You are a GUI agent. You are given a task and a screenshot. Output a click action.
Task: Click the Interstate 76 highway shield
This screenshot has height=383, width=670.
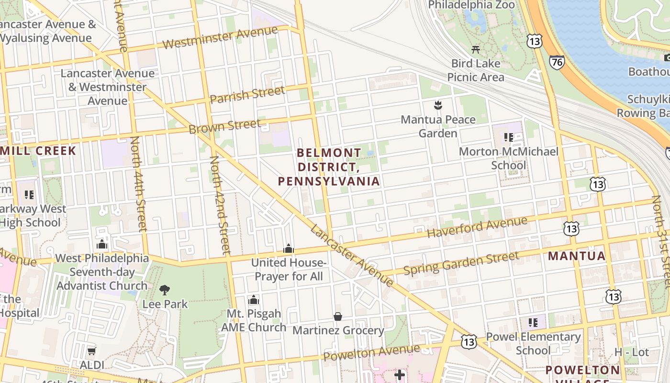[557, 62]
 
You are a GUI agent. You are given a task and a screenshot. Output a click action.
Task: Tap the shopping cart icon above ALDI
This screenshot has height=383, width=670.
[91, 351]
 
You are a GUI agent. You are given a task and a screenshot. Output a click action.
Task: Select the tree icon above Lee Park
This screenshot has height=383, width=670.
[165, 290]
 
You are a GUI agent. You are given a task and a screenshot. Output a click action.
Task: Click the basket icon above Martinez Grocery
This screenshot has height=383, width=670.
[338, 316]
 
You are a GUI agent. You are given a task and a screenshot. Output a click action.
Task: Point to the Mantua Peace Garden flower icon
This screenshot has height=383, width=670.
[437, 105]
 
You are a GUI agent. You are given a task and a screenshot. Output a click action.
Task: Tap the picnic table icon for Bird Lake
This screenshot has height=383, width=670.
[476, 49]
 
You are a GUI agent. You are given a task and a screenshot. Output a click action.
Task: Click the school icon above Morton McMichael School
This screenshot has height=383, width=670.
[508, 137]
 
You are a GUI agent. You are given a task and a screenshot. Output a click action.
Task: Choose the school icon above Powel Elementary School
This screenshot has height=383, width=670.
[533, 322]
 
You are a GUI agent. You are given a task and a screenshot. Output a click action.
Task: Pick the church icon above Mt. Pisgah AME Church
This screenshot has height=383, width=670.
[253, 300]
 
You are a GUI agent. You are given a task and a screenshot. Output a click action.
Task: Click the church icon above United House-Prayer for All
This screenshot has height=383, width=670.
[288, 248]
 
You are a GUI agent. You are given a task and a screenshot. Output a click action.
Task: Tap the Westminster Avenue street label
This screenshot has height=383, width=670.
[220, 38]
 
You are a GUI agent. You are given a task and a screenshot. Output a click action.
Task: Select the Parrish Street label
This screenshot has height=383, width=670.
[247, 94]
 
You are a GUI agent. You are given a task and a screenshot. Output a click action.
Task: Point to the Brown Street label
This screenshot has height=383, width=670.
[224, 126]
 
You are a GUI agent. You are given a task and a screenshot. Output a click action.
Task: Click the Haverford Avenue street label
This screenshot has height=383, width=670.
[477, 227]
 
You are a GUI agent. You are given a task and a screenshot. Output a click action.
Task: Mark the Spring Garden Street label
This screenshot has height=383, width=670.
[461, 263]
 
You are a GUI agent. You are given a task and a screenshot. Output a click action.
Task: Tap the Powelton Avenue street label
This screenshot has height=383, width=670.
[371, 353]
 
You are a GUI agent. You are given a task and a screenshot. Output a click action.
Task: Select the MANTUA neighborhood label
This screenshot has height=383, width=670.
[577, 256]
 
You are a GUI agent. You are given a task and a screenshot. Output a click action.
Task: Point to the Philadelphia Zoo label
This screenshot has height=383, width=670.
[471, 5]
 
